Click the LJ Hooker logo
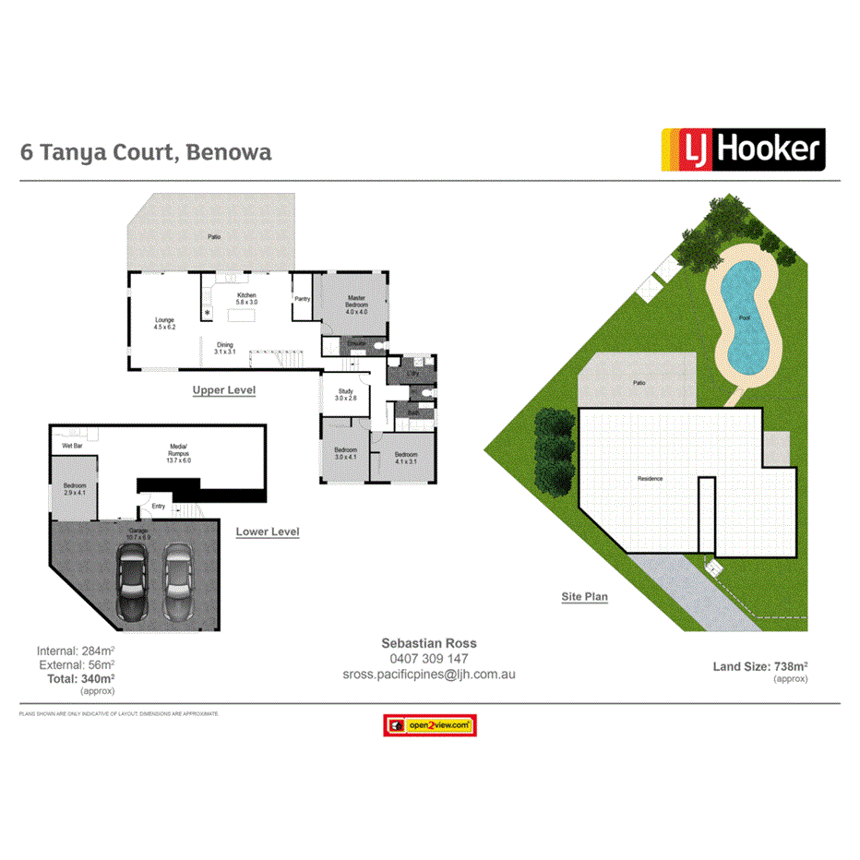point(742,150)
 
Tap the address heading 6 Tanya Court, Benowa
point(146,151)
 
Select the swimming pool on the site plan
point(743,318)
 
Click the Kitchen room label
point(246,298)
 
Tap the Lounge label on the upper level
point(164,323)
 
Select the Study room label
point(346,394)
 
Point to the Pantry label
point(302,299)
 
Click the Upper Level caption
point(223,390)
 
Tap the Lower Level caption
point(267,532)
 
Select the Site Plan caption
point(584,597)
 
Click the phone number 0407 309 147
point(428,659)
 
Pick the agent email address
point(428,675)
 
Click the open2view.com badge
point(429,725)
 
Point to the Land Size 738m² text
point(760,666)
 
